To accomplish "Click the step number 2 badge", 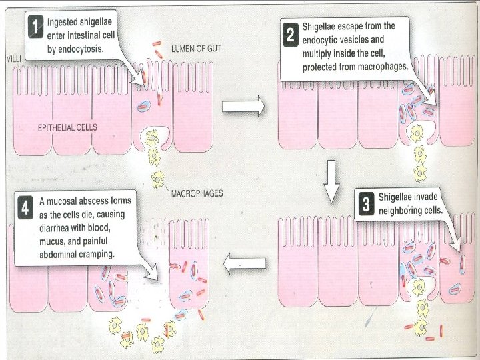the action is [290, 37].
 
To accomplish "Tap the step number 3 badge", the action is [365, 204].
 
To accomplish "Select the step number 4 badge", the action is [25, 207].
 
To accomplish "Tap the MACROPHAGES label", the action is [197, 194].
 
